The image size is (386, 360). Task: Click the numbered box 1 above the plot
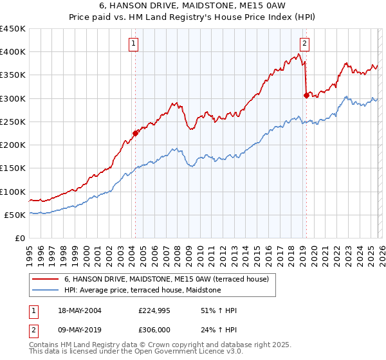click(x=133, y=44)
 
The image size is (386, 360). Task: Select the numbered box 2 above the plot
click(x=304, y=44)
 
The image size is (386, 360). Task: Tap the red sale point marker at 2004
click(x=135, y=133)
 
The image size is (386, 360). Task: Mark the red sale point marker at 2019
click(x=306, y=95)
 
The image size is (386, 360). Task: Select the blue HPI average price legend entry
click(x=142, y=291)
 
